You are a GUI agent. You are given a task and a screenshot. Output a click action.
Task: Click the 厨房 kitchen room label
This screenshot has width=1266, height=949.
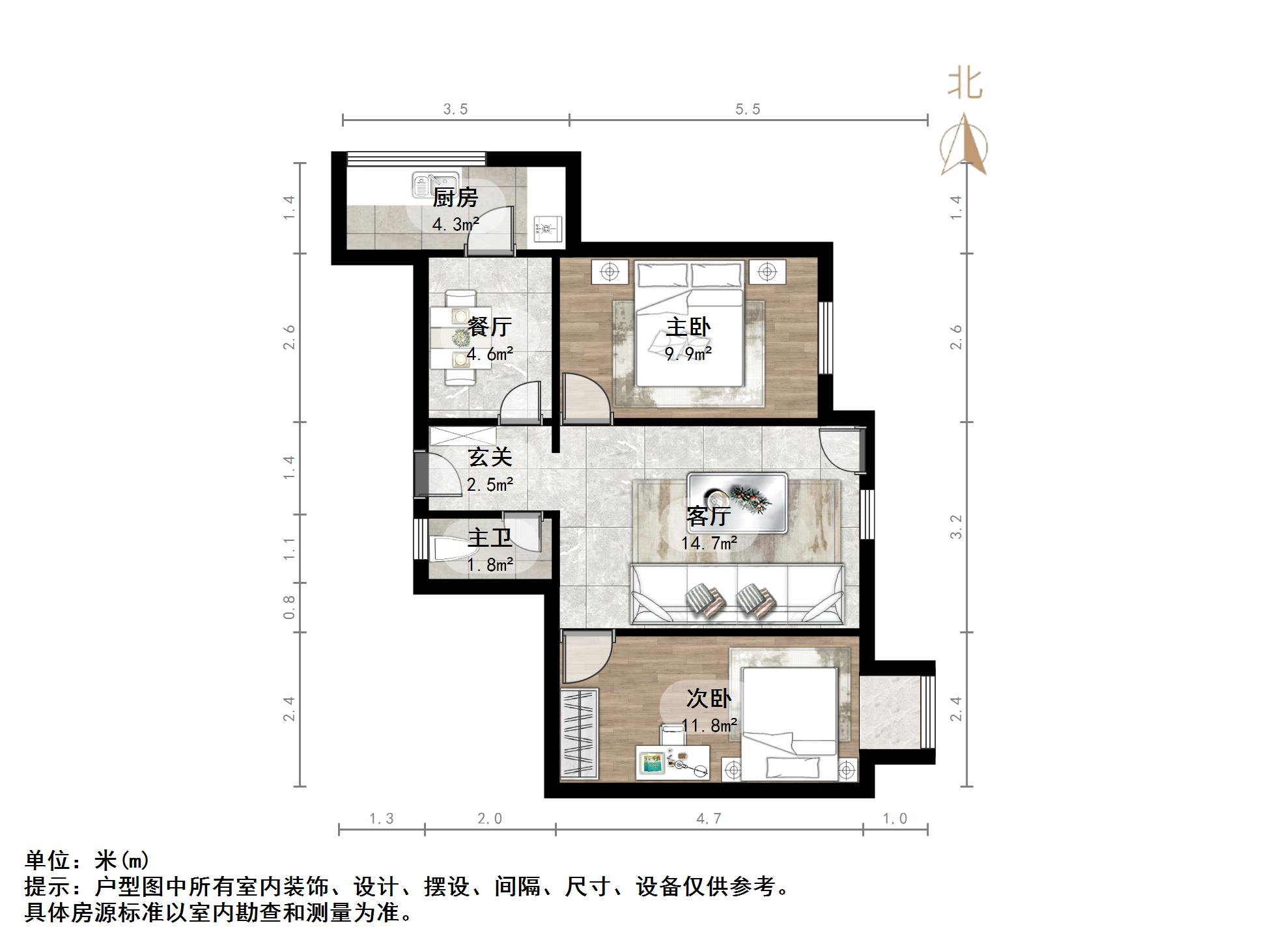(x=456, y=197)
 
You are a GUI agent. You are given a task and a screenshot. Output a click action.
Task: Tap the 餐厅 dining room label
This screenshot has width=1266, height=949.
(x=490, y=327)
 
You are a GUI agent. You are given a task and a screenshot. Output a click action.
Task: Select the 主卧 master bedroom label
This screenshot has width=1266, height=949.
(x=688, y=327)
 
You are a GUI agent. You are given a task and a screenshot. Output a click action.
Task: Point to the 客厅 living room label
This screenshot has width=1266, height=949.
(x=709, y=516)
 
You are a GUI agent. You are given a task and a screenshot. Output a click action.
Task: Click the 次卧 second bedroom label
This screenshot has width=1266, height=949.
(x=709, y=698)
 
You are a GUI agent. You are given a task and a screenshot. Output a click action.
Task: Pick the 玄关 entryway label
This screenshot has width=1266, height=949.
(x=490, y=457)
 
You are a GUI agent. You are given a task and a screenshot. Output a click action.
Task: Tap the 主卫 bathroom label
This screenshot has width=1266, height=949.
(x=490, y=538)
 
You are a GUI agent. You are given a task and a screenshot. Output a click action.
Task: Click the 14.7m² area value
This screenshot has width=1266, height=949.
(x=709, y=543)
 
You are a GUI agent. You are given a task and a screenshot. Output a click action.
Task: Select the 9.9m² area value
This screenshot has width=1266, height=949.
(x=688, y=354)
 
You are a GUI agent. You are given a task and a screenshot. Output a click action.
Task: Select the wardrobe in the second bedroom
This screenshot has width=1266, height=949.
(x=579, y=733)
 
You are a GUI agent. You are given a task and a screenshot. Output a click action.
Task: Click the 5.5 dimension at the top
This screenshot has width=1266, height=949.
(x=748, y=109)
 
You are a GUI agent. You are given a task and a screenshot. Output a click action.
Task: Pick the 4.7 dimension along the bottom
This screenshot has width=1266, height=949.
(x=709, y=819)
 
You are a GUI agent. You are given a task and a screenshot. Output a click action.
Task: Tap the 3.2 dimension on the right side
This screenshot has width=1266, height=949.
(x=956, y=527)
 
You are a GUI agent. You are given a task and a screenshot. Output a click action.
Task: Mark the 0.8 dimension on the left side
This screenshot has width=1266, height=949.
(x=290, y=607)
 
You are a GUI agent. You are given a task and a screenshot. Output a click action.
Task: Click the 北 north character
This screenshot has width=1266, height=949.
(x=964, y=85)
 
